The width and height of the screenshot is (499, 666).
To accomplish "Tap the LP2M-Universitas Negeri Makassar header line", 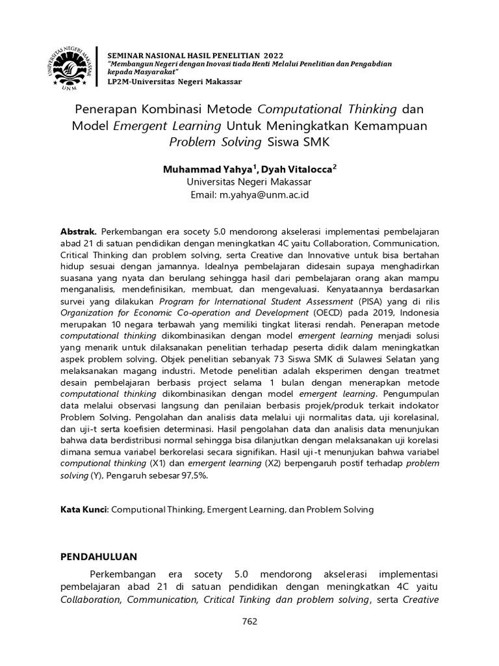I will point(174,81).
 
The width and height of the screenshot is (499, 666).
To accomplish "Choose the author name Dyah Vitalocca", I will point(298,168).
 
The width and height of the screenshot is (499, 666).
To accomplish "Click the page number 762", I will point(249,621).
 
